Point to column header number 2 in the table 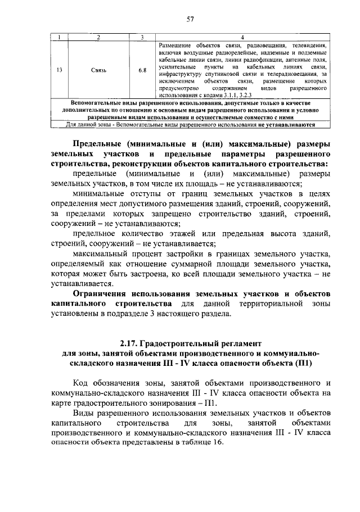[x=98, y=38]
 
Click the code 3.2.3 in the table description [x=248, y=96]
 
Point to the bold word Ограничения [x=100, y=294]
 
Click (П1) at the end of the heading [x=303, y=364]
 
